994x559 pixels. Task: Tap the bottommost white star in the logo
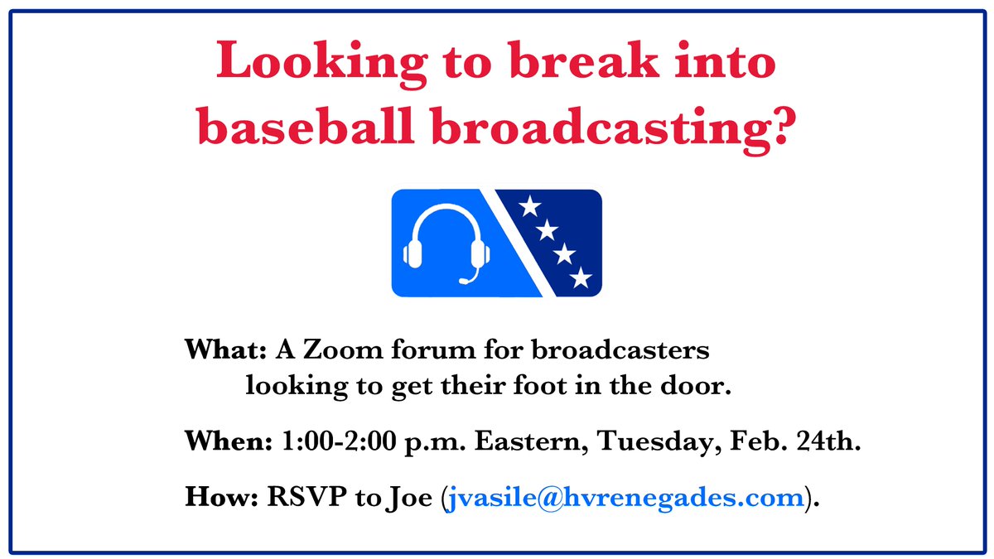pyautogui.click(x=581, y=278)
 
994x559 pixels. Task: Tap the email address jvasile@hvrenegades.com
pyautogui.click(x=625, y=498)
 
